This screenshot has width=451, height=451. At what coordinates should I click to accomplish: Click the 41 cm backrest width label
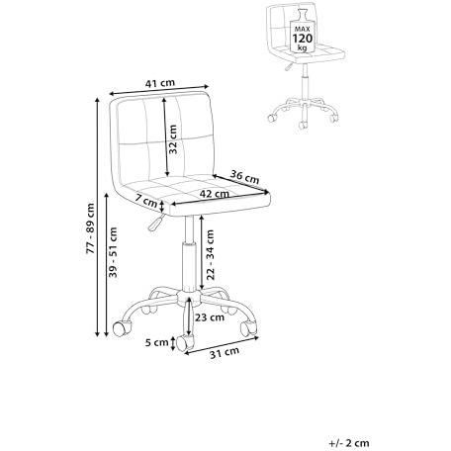(160, 83)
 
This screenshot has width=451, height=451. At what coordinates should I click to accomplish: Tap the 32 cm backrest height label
(172, 139)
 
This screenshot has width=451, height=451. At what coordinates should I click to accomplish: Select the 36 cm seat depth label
(244, 177)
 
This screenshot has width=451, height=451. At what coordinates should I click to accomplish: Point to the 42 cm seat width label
(214, 194)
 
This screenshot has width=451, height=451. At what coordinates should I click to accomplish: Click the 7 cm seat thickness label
(146, 202)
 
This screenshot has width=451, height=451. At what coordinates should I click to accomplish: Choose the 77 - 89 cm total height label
(90, 228)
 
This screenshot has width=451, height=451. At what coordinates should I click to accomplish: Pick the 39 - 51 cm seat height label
(113, 252)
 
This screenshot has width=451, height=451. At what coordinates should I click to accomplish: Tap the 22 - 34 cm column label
(210, 255)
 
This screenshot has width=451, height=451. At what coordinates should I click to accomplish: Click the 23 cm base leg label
(210, 317)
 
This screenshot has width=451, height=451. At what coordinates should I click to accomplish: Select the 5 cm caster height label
(157, 342)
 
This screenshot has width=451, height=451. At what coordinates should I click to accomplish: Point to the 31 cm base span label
(225, 352)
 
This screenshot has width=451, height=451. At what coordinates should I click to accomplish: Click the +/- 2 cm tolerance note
(349, 443)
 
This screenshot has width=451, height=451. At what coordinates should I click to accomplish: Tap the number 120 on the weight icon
(303, 39)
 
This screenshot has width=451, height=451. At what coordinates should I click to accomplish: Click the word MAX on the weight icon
(303, 30)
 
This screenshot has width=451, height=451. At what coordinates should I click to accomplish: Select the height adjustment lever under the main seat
(156, 222)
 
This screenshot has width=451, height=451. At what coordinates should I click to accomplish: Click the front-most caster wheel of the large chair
(185, 343)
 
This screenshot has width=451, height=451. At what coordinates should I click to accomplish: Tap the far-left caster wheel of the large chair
(122, 328)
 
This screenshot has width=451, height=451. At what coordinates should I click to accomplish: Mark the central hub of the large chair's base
(189, 297)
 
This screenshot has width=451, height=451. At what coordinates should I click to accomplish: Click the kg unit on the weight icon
(302, 47)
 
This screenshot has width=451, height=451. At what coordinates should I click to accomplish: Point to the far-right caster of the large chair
(249, 328)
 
